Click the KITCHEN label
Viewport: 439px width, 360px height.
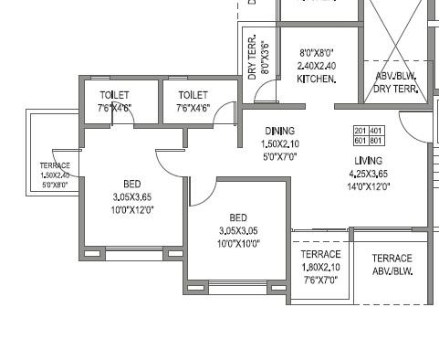coord(318,79)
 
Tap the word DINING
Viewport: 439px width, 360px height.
coord(280,132)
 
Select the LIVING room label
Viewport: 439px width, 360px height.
coord(369,161)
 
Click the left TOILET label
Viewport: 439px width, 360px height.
coord(115,95)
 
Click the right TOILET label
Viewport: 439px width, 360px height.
coord(193,95)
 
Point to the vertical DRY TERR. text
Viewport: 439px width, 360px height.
coord(253,58)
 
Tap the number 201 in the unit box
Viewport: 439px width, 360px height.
coord(361,131)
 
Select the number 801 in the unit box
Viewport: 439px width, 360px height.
coord(376,141)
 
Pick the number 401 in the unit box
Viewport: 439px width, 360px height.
coord(376,131)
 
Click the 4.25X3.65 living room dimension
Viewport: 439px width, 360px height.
coord(369,174)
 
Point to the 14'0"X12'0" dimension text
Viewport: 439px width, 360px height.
coord(369,186)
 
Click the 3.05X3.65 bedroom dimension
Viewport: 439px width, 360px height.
coord(132,196)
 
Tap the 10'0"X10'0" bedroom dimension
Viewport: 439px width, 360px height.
coord(238,243)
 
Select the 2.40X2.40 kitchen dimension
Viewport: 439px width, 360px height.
coord(318,67)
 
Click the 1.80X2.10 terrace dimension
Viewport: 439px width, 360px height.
coord(320,267)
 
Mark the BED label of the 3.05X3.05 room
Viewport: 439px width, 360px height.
coord(238,217)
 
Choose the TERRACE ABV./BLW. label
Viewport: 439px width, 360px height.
coord(392,265)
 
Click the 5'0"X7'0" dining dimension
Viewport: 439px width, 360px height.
coord(280,156)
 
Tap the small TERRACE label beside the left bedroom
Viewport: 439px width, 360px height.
coord(55,165)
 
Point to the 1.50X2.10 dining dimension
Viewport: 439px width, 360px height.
coord(280,144)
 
